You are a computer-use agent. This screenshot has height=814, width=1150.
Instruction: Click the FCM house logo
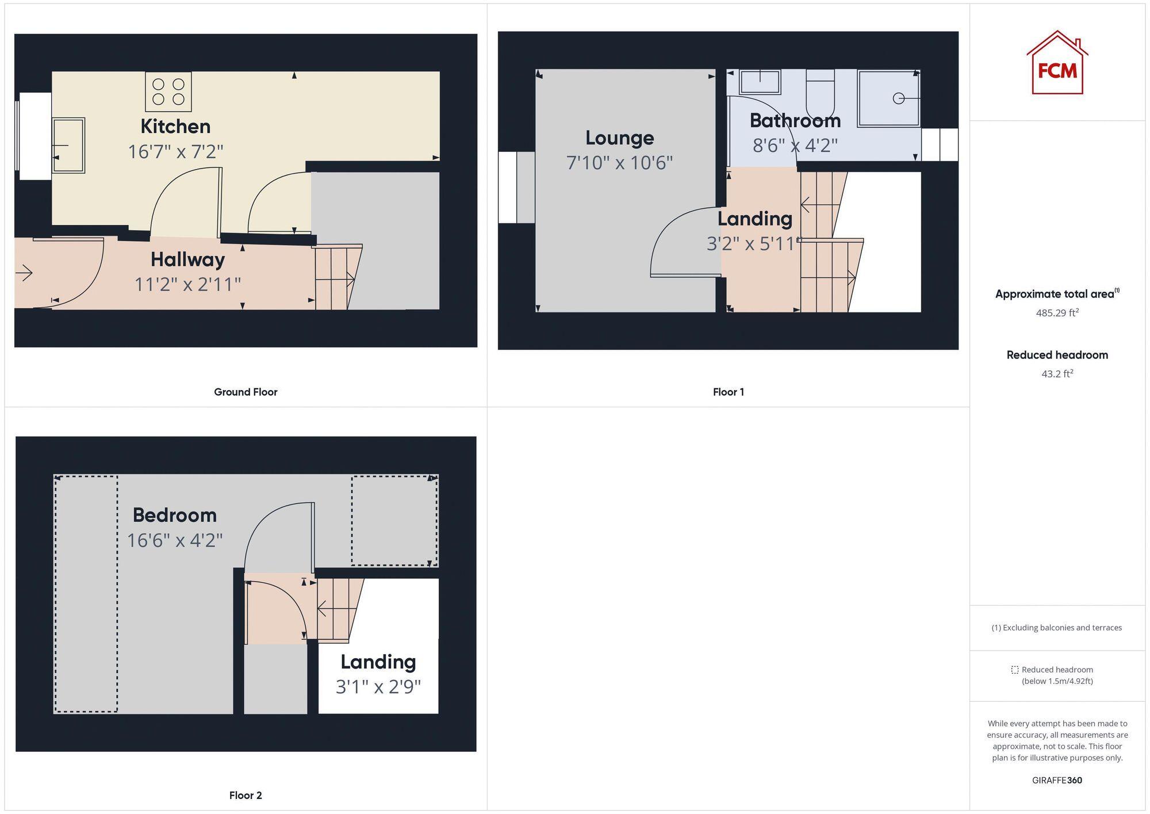1057,63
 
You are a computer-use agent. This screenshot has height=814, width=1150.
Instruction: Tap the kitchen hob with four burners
168,91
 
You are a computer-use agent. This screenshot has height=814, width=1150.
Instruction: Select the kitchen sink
68,145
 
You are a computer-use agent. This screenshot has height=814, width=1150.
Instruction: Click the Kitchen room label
175,127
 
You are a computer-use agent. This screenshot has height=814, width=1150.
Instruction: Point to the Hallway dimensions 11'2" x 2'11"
187,284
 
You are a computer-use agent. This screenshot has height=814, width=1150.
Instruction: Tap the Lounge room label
619,138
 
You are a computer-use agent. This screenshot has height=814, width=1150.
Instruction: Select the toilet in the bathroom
820,93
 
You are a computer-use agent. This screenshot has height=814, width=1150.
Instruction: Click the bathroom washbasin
760,82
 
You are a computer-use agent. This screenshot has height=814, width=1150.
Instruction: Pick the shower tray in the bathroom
888,98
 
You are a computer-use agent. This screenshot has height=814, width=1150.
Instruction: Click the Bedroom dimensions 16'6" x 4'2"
175,540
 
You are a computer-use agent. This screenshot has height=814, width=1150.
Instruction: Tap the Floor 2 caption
246,795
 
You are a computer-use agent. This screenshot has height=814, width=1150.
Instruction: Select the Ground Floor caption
246,392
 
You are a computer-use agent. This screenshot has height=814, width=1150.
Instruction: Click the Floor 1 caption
728,392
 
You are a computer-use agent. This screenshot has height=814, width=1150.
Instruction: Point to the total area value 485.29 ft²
1057,313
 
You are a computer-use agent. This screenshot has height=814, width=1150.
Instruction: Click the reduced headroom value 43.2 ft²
1057,374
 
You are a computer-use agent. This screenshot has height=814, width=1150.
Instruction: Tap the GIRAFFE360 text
1057,780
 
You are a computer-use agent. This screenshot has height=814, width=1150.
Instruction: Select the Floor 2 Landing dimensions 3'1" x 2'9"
378,687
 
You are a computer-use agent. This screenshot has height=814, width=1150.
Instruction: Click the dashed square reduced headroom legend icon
1015,670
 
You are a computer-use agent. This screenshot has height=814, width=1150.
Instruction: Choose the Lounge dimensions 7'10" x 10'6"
619,163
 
